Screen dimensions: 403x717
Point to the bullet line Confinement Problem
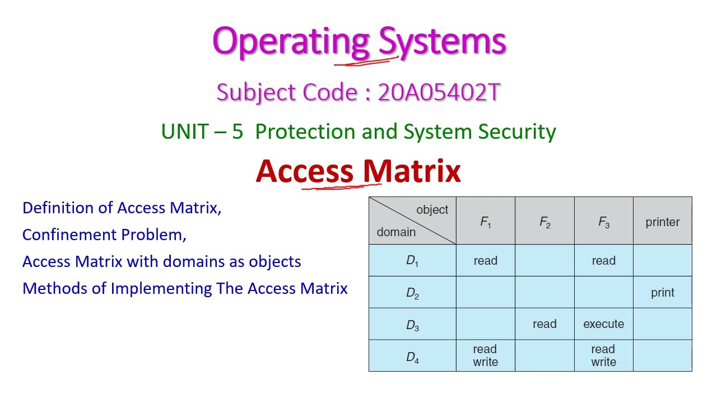click(x=104, y=235)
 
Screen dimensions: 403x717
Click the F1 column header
click(x=486, y=222)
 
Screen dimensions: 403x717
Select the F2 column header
click(x=544, y=222)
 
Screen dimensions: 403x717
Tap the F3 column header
click(x=604, y=222)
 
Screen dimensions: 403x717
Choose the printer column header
click(x=663, y=222)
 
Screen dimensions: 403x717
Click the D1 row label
click(x=412, y=261)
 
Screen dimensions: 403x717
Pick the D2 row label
click(x=412, y=293)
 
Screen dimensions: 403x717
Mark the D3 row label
click(x=412, y=325)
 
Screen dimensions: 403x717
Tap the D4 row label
click(x=412, y=357)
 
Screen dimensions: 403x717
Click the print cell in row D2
click(x=663, y=293)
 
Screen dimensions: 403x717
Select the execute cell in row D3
click(x=603, y=324)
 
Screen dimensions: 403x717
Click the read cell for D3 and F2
click(x=544, y=324)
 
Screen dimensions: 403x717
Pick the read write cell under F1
click(x=485, y=356)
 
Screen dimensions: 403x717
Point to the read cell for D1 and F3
click(x=603, y=261)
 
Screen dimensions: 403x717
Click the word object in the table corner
click(x=432, y=210)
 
